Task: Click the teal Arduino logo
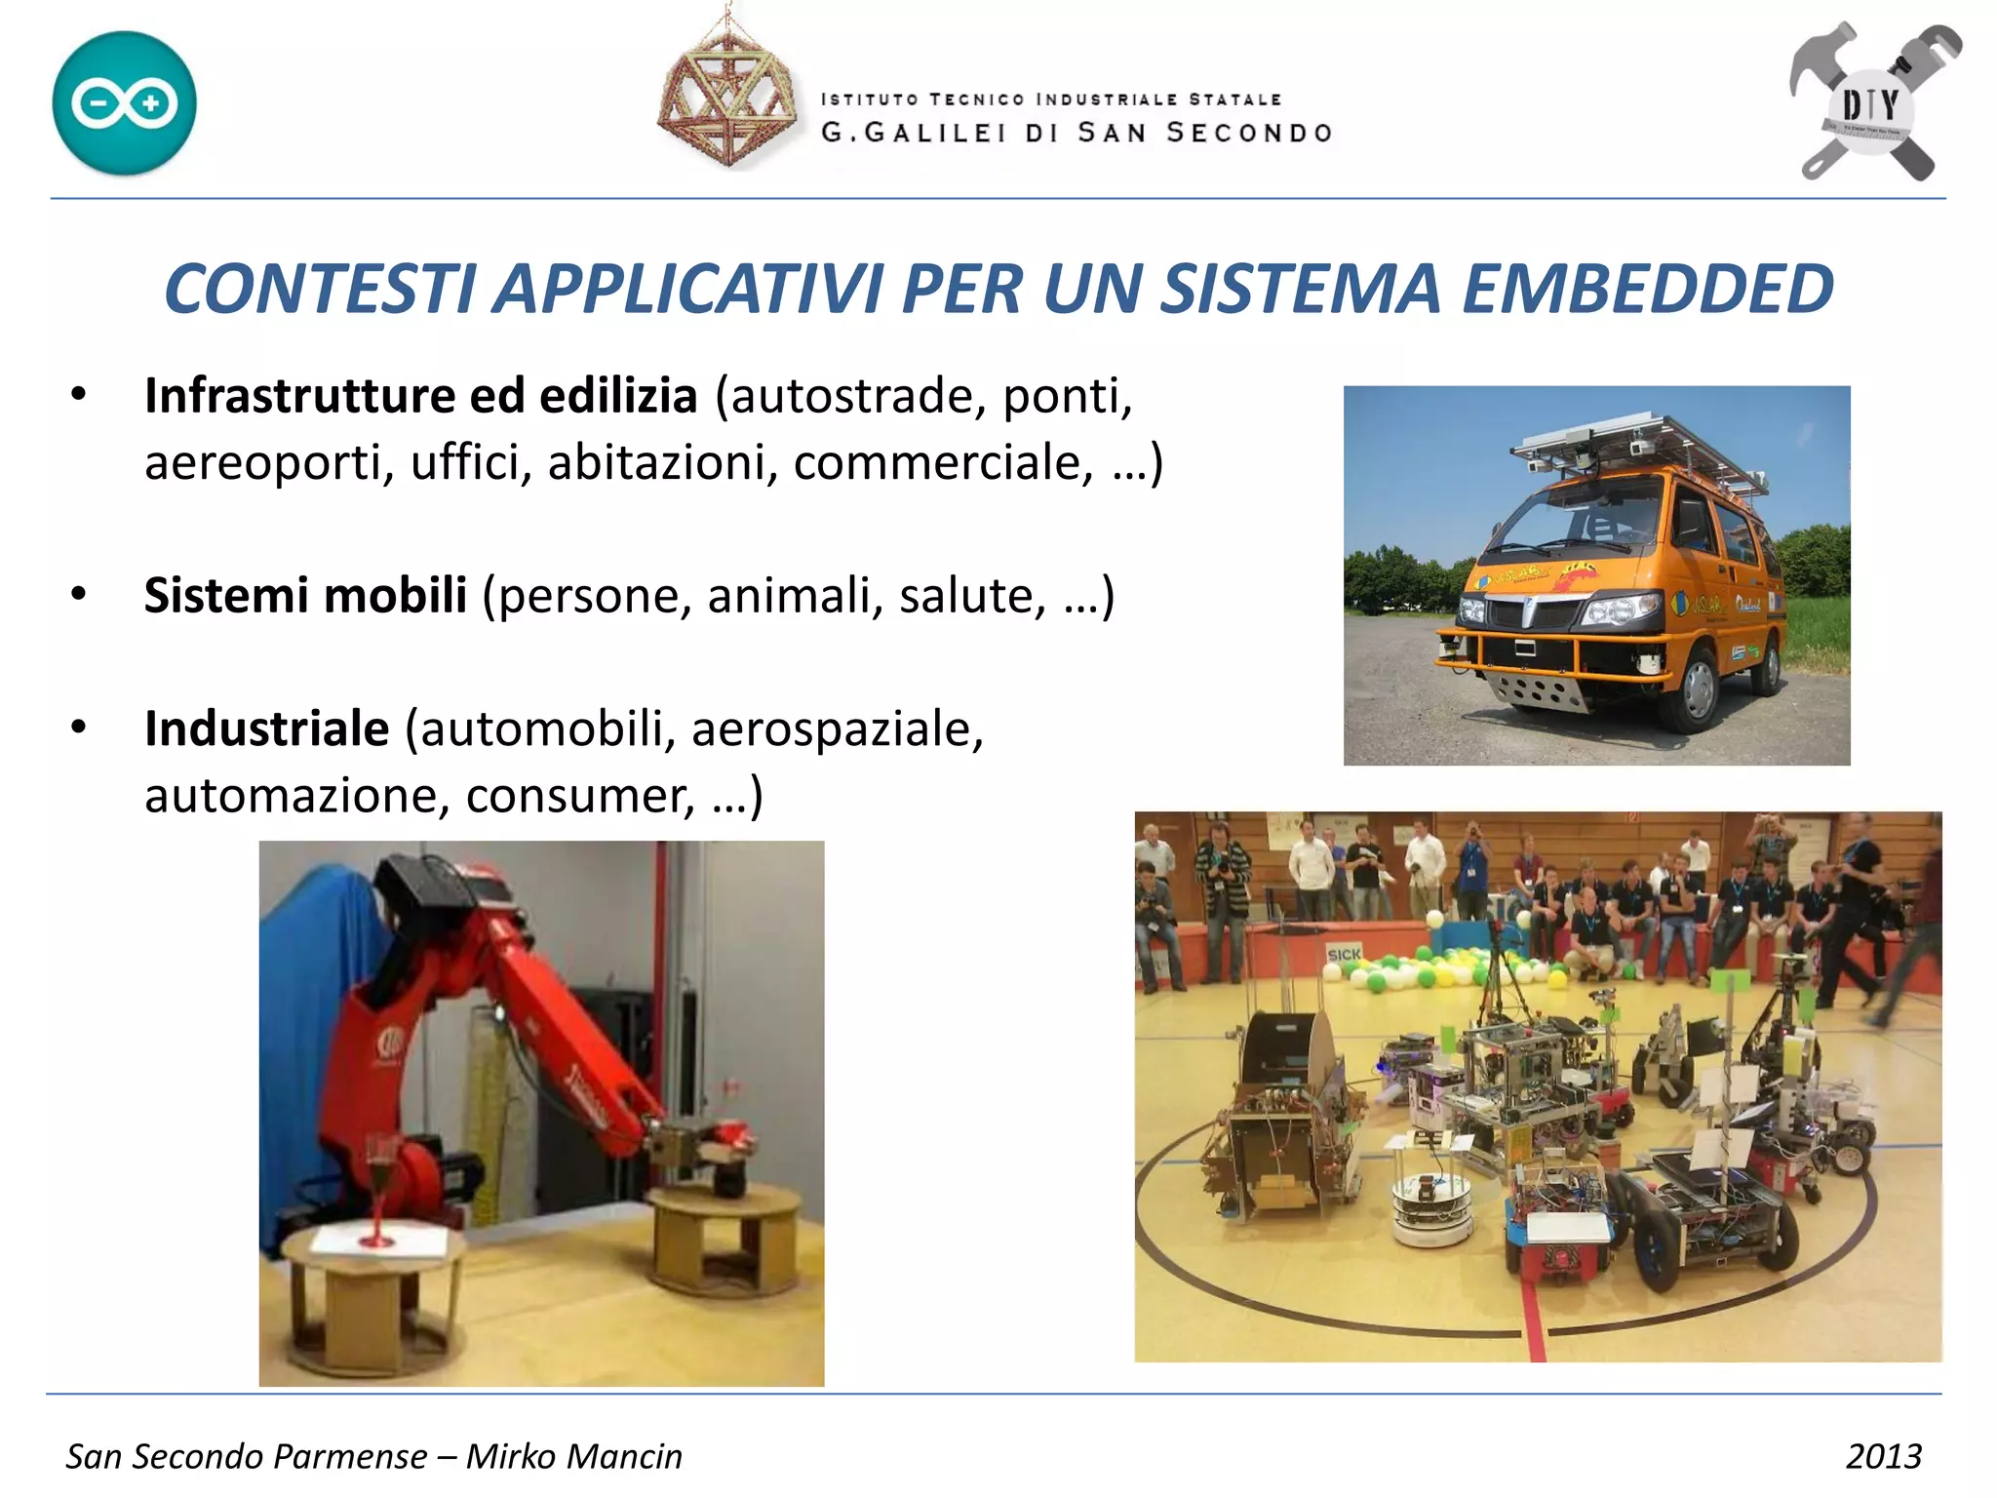pyautogui.click(x=124, y=103)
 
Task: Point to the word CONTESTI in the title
pyautogui.click(x=320, y=290)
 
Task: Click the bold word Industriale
pyautogui.click(x=266, y=729)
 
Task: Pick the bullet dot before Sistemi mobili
pyautogui.click(x=79, y=593)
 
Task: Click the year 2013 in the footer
pyautogui.click(x=1883, y=1456)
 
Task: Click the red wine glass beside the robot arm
pyautogui.click(x=378, y=1185)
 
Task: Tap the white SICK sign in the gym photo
pyautogui.click(x=1343, y=954)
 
